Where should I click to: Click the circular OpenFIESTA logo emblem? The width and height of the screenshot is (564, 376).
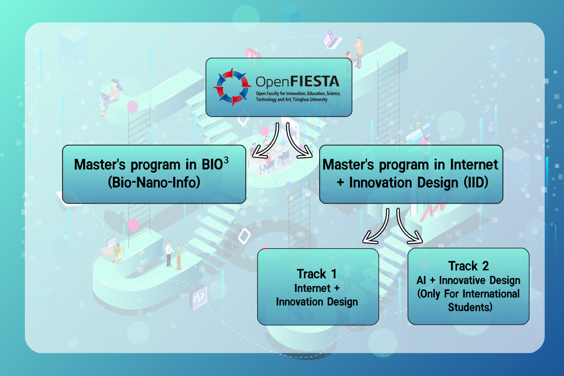coord(232,87)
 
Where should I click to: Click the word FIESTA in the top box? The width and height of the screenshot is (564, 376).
coord(315,81)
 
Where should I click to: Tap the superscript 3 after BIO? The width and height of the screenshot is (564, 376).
coord(226,160)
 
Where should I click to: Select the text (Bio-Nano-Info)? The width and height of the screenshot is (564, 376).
coord(154,182)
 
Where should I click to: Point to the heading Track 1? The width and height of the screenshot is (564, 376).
coord(317,274)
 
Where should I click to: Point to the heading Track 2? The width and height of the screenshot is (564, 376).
coord(468,266)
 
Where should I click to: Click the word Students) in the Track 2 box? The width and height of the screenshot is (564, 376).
coord(470,307)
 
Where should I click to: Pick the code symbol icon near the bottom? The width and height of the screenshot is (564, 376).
coord(198,298)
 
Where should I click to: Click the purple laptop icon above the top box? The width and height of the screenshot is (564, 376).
coord(331,39)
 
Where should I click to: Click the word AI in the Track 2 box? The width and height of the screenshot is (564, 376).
coord(421,280)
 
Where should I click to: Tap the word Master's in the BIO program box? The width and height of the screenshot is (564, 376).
coord(100,164)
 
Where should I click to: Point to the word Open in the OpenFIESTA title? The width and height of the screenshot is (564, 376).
coord(273,82)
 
